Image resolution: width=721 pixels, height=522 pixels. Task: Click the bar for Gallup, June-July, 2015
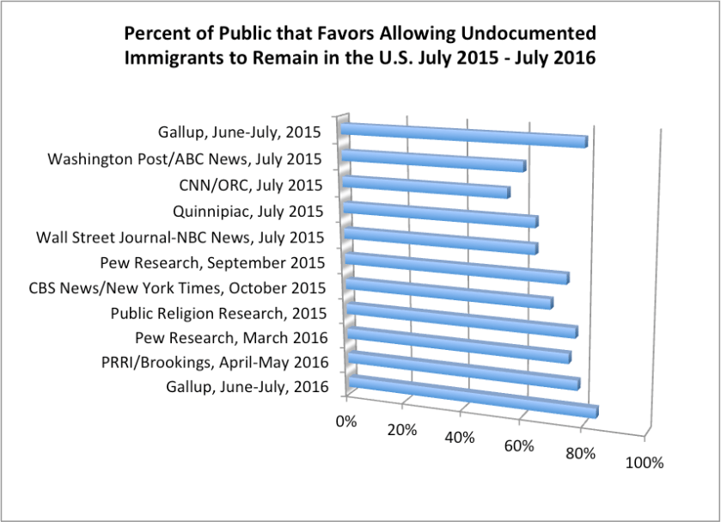[464, 135]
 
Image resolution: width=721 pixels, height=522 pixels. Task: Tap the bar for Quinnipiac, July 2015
[440, 215]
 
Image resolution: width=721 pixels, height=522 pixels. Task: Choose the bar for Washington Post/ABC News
[433, 160]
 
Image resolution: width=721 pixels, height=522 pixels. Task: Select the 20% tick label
[402, 429]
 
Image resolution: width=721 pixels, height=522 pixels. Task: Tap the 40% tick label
[461, 438]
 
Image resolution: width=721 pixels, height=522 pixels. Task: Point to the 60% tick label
[520, 445]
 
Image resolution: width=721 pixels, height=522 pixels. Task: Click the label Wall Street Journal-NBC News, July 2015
[180, 237]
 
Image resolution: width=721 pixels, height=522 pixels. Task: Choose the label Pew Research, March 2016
[231, 336]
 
